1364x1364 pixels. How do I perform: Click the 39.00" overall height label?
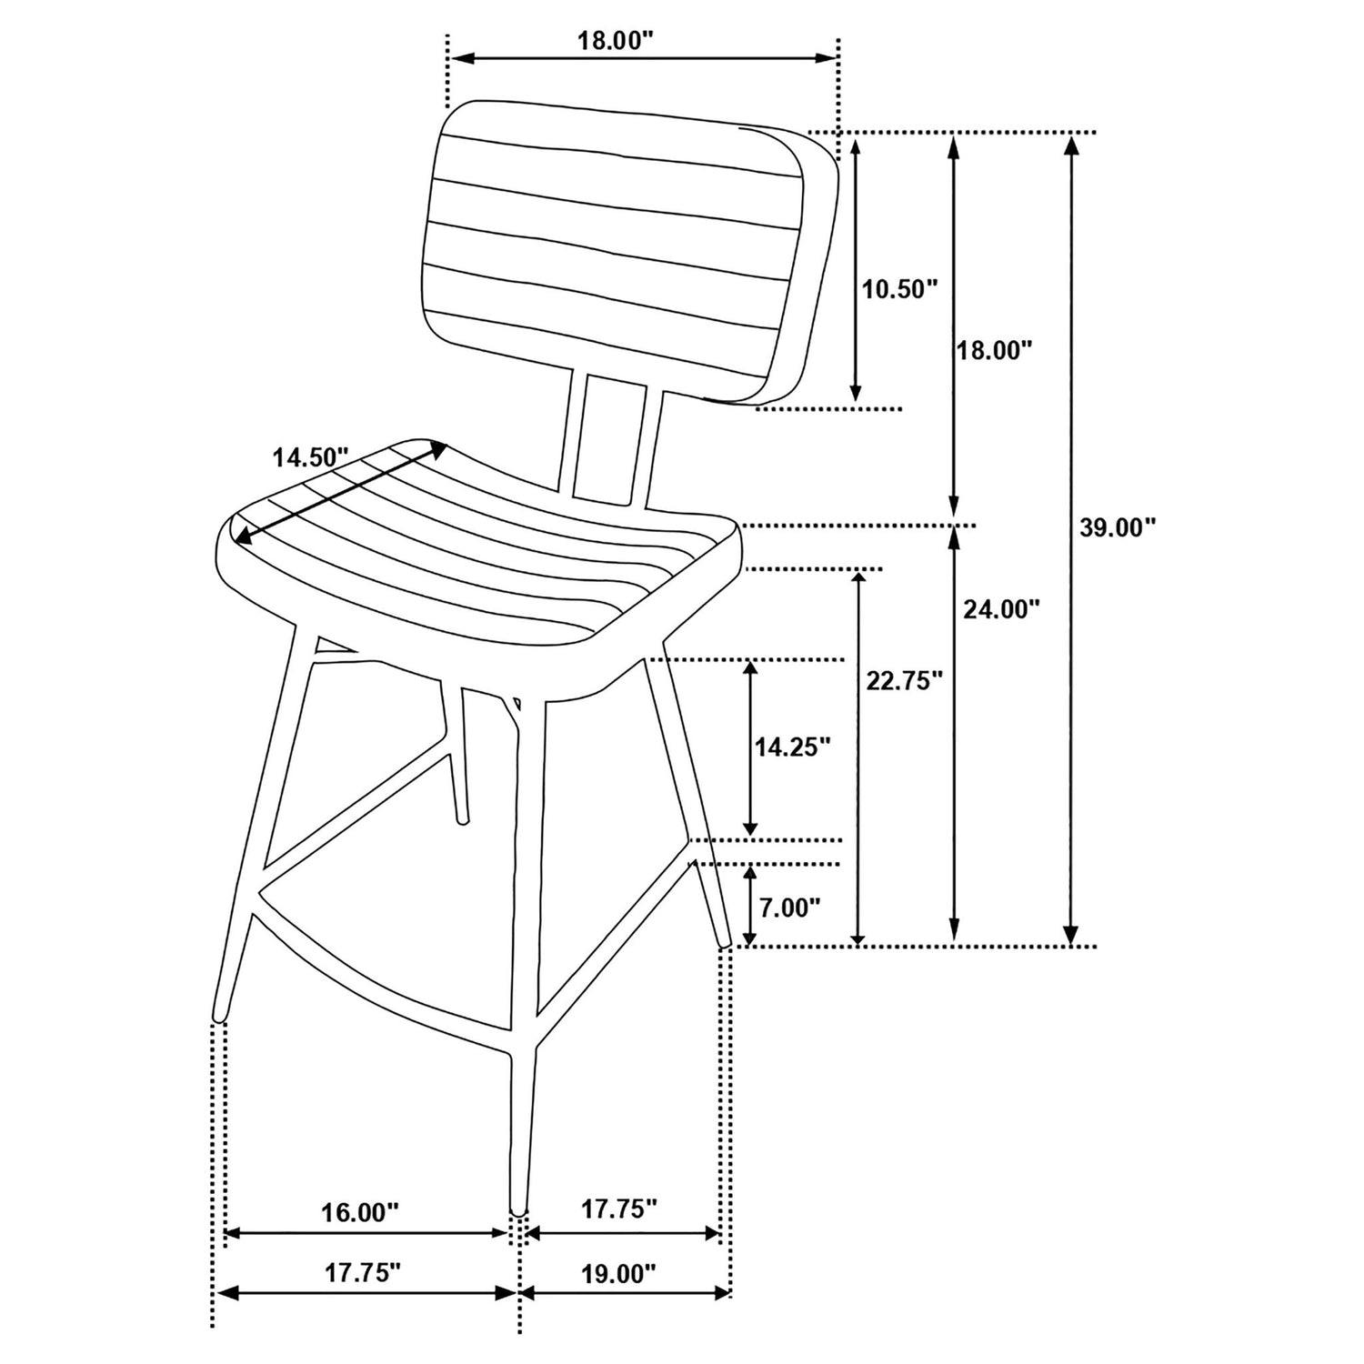1117,527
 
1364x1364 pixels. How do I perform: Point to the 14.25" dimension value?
792,747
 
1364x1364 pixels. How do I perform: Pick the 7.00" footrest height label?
790,908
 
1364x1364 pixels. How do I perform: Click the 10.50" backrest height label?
899,289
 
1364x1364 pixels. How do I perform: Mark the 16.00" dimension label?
360,1212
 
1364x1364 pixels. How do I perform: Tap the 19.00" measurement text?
618,1273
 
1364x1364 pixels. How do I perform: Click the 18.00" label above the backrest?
616,41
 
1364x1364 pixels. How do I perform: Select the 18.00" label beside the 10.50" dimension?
995,351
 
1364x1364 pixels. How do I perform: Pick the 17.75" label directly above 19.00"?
619,1209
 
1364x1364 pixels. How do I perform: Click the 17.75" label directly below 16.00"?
363,1273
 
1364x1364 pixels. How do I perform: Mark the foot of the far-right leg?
724,939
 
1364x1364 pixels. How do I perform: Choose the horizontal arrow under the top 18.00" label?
644,58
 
